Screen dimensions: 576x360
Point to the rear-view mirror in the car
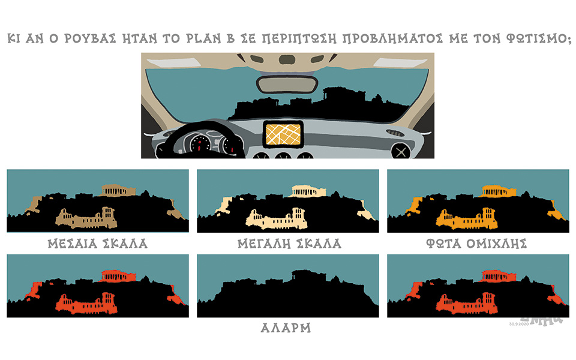(287, 83)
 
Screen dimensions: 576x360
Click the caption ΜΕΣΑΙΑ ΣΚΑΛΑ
(97, 244)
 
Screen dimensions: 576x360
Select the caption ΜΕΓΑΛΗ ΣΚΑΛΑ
(289, 244)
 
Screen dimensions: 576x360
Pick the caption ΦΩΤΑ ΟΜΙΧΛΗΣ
(477, 244)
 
